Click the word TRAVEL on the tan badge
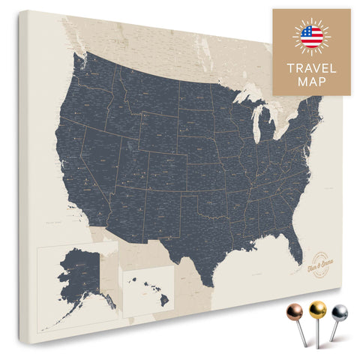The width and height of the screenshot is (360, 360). [311, 67]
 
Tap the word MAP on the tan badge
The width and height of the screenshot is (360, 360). [311, 82]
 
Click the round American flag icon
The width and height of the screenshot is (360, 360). [311, 36]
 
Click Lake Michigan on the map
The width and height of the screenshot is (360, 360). [256, 120]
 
